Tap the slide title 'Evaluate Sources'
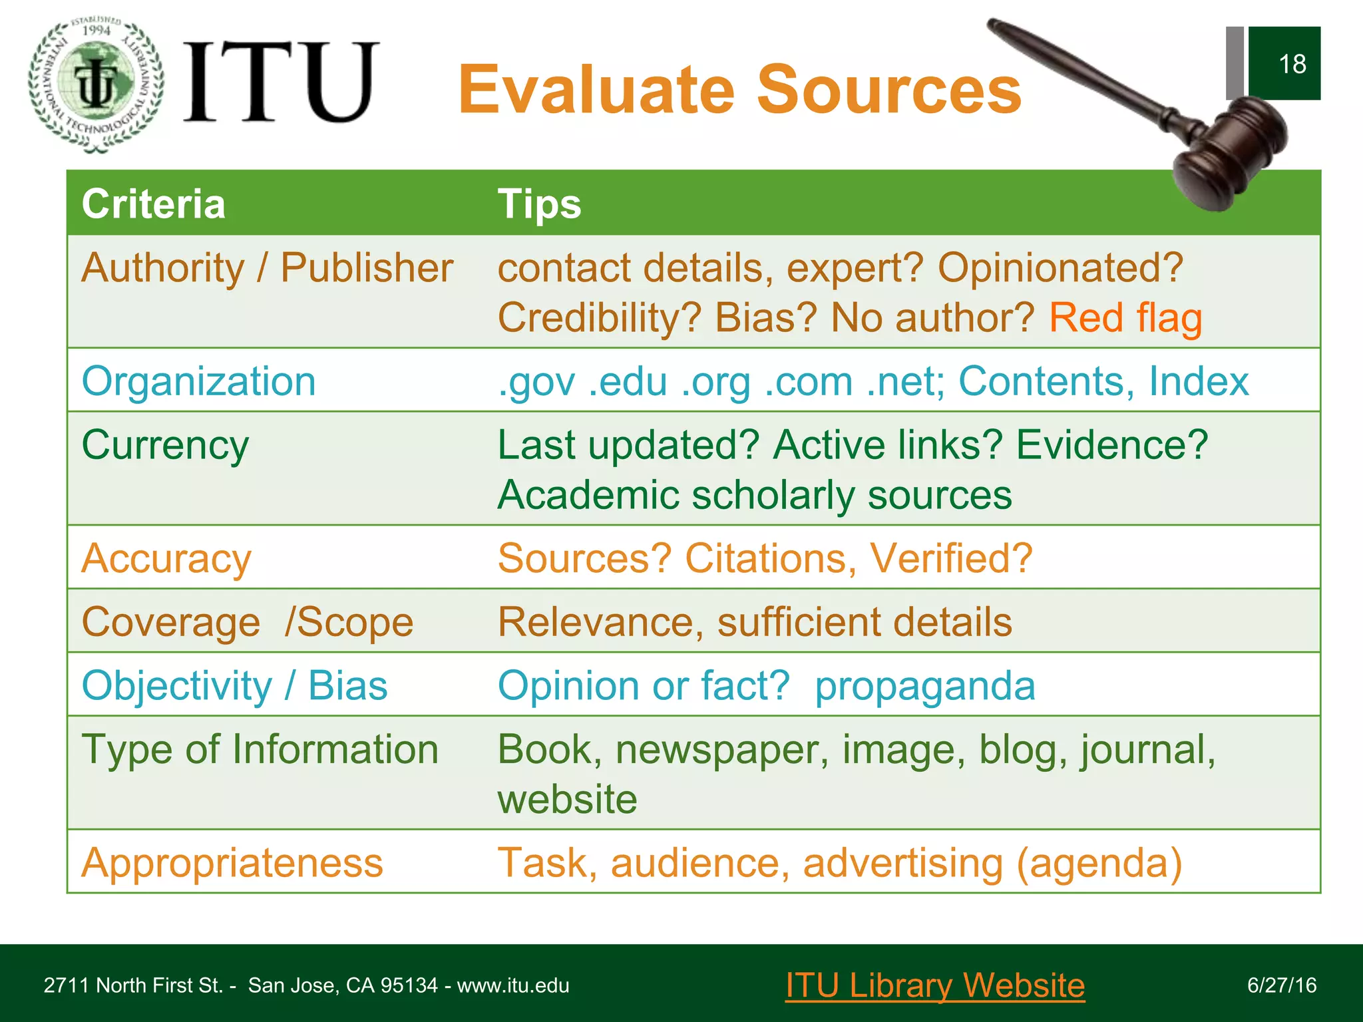[739, 89]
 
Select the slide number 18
[1291, 64]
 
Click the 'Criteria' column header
[153, 204]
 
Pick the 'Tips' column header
[539, 204]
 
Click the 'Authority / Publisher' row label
[267, 268]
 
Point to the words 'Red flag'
[1125, 317]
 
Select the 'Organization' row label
[198, 381]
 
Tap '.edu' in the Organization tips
[628, 381]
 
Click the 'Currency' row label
[165, 444]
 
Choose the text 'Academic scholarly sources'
[755, 495]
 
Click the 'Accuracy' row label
[166, 558]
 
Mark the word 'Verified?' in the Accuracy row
[951, 558]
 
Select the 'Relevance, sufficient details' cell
[755, 622]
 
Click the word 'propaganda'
[924, 685]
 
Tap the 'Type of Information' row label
[260, 749]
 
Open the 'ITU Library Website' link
[934, 985]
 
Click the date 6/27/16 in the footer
[1281, 985]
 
